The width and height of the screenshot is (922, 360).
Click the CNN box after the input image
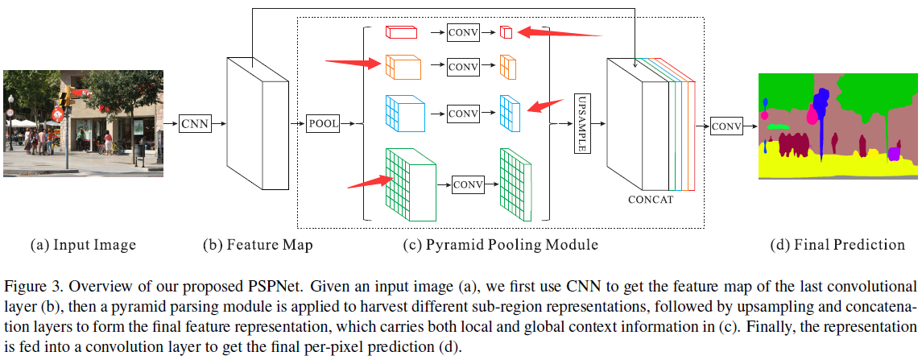click(x=194, y=123)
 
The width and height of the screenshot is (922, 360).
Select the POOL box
click(x=323, y=123)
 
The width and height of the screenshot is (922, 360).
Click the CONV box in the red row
click(x=463, y=33)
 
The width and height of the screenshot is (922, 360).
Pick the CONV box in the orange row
click(x=463, y=65)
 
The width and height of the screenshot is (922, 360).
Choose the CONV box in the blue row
click(x=463, y=114)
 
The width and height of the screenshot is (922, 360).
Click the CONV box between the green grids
click(x=468, y=184)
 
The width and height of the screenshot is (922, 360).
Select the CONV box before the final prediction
click(x=726, y=126)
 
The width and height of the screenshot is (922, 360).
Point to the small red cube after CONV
click(x=506, y=32)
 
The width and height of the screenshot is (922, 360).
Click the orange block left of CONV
click(x=403, y=66)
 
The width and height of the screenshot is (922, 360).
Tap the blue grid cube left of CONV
click(x=404, y=114)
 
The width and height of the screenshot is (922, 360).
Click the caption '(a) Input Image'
click(x=83, y=245)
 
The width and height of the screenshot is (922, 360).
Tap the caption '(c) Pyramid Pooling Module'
click(x=500, y=245)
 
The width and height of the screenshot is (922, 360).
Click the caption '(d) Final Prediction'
click(x=837, y=245)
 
